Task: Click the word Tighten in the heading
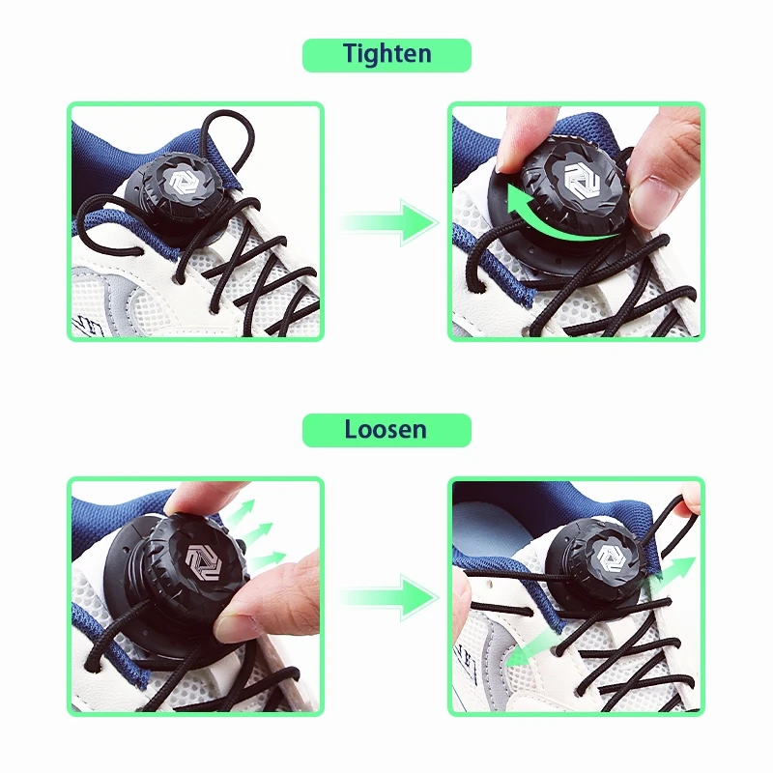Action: [x=387, y=54]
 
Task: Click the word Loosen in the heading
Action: [x=386, y=429]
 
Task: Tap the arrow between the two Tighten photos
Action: [x=388, y=222]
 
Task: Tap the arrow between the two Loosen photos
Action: [x=388, y=597]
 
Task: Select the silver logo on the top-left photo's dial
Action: [x=184, y=181]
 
